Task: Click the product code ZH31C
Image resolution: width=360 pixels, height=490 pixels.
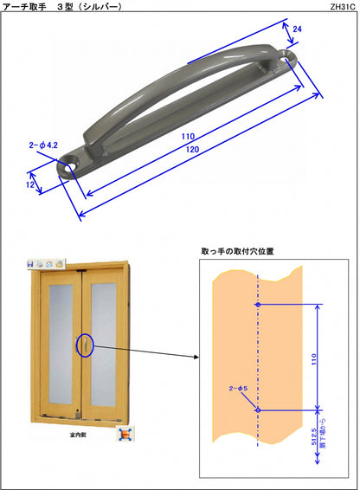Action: [x=343, y=6]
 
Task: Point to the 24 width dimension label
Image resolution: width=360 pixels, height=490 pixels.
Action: [x=297, y=29]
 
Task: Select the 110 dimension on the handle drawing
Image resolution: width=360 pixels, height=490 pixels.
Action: [x=188, y=137]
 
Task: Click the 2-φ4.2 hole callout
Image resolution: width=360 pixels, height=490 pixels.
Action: [x=42, y=145]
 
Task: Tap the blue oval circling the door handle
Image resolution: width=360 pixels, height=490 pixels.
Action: [x=85, y=346]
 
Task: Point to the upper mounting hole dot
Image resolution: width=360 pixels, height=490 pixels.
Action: [x=258, y=305]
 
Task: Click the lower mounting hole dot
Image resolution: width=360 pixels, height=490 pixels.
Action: [x=258, y=409]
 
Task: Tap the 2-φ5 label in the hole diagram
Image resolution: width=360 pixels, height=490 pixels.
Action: [x=237, y=390]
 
